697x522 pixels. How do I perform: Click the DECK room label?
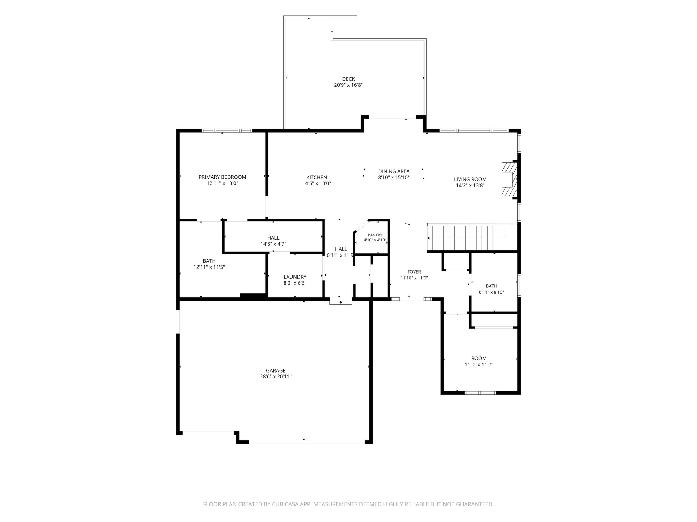click(x=348, y=79)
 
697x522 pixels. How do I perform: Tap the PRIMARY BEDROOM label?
click(x=222, y=177)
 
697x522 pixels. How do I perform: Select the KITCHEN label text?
click(x=317, y=177)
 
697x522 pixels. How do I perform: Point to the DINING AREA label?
click(x=394, y=171)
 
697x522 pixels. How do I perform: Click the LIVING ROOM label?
click(x=470, y=179)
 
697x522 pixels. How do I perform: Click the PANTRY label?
click(x=375, y=235)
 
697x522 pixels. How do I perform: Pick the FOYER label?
click(x=414, y=272)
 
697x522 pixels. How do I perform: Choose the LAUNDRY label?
click(x=295, y=277)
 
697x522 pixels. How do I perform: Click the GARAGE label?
click(x=276, y=371)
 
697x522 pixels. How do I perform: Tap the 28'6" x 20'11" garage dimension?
click(x=276, y=377)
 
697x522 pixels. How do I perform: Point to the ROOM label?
click(x=479, y=358)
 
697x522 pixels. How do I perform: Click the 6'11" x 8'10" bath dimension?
click(x=491, y=292)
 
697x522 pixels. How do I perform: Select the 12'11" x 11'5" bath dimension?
click(x=209, y=267)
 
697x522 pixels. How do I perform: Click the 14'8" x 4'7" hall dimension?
click(x=273, y=244)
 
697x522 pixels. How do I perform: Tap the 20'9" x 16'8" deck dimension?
click(x=348, y=85)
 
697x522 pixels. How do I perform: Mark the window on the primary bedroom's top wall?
click(x=227, y=131)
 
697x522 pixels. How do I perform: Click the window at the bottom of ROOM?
click(x=481, y=393)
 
